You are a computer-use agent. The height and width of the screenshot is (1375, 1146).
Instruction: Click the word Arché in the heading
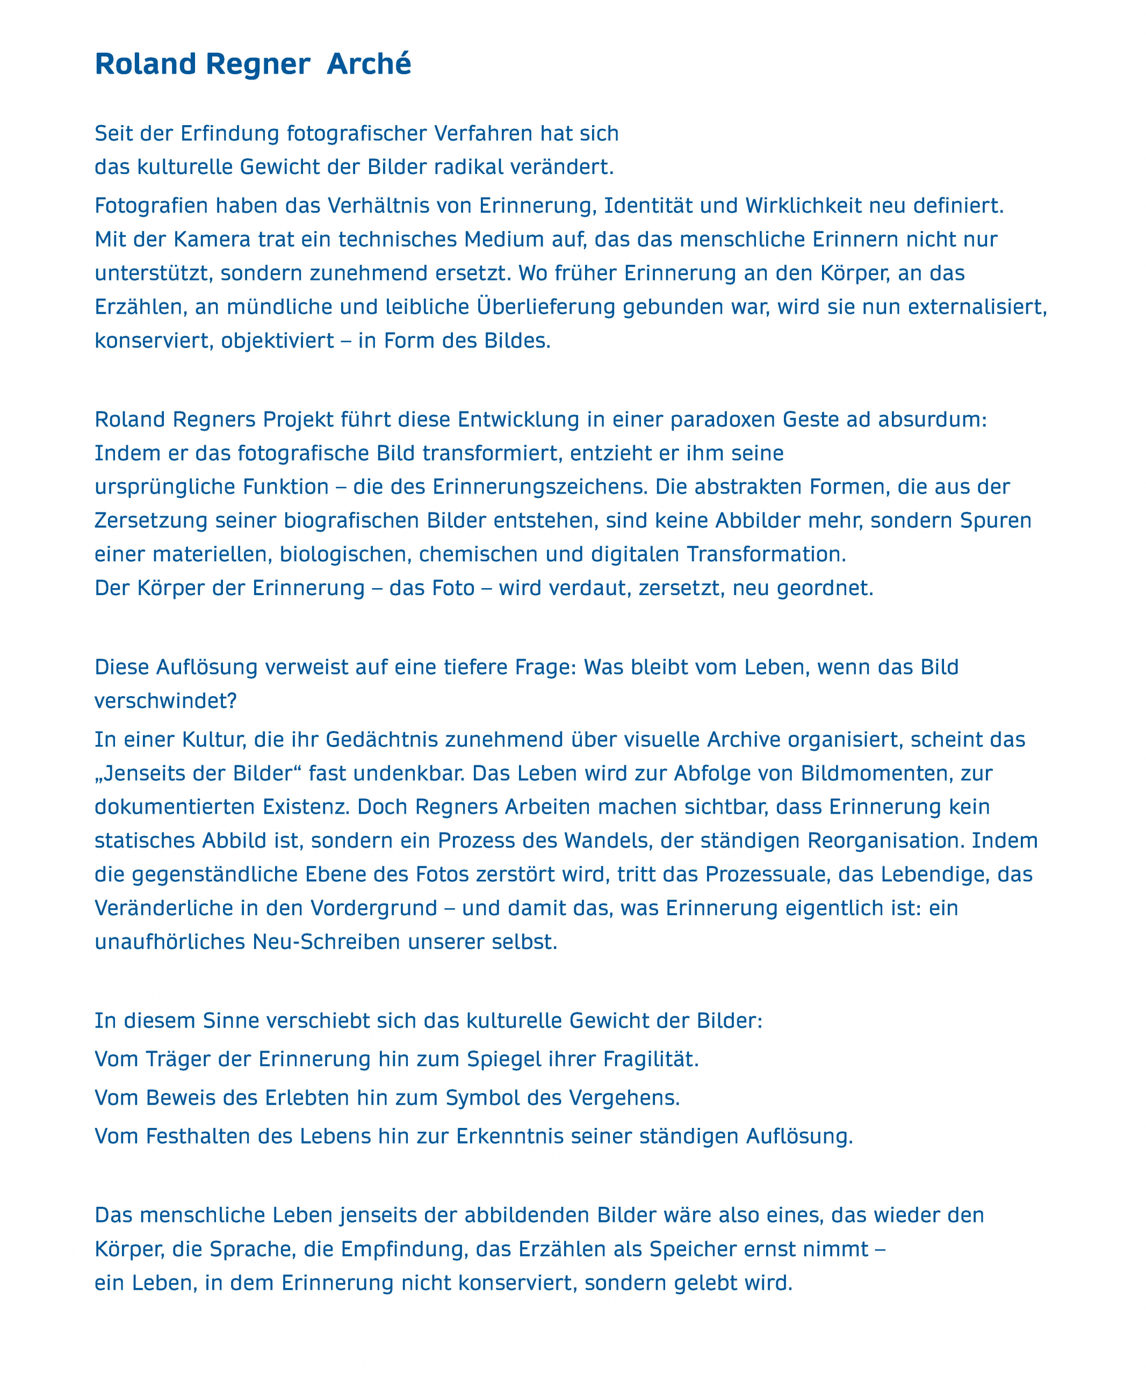pyautogui.click(x=369, y=64)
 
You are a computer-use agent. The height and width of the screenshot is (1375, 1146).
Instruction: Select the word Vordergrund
pyautogui.click(x=373, y=908)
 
